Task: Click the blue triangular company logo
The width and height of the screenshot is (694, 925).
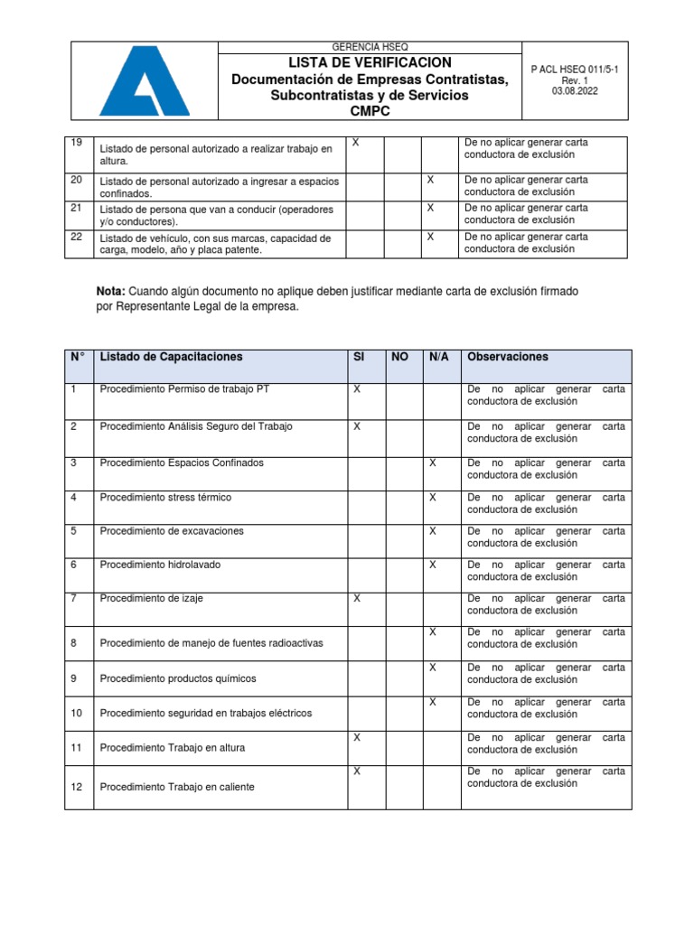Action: (144, 82)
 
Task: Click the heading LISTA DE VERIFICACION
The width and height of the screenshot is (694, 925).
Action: (370, 62)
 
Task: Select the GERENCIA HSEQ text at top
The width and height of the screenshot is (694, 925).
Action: (370, 47)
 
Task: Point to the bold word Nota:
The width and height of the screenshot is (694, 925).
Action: (111, 291)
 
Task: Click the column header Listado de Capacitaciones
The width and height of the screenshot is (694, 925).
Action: (172, 357)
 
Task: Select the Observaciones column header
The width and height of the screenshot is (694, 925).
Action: (507, 357)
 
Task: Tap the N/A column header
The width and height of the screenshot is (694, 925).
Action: (439, 357)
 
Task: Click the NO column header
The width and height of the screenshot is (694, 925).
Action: (399, 357)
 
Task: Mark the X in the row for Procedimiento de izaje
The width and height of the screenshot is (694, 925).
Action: (357, 598)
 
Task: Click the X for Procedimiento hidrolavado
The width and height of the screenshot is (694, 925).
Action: (433, 564)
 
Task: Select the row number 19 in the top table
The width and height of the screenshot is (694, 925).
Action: (76, 143)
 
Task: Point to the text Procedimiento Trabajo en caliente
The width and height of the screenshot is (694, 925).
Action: (177, 787)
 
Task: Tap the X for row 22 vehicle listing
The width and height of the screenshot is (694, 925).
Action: (431, 236)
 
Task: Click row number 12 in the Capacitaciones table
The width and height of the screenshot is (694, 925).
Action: (76, 787)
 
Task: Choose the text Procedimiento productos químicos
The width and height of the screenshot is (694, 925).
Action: (178, 678)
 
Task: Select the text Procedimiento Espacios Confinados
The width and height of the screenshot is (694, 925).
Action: (182, 462)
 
